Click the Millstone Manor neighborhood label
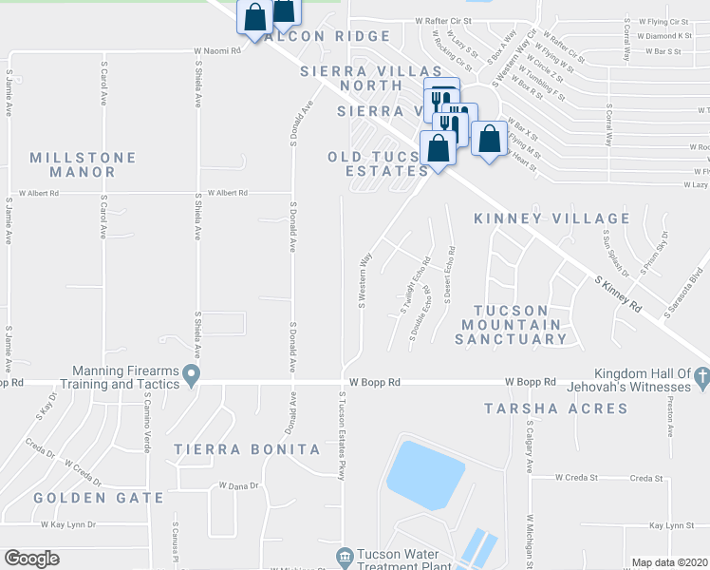point(83,164)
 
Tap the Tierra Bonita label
point(247,448)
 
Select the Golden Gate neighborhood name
point(80,498)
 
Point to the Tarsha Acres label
point(555,408)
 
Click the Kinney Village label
point(551,218)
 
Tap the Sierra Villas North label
point(371,79)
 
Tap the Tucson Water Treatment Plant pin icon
point(346,555)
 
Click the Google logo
point(31,559)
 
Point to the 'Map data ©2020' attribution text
point(669,562)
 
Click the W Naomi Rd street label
point(218,51)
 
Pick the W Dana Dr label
point(238,485)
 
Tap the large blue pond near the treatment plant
point(425,475)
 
